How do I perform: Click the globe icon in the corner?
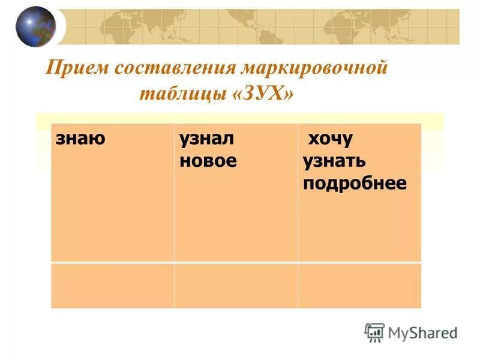point(35,26)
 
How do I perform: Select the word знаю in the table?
point(80,139)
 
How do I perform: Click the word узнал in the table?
point(206,140)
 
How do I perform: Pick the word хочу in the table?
point(330,140)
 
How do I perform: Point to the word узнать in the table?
point(335,161)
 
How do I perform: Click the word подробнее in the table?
point(355,183)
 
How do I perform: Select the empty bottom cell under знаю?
point(112,285)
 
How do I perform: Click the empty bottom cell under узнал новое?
point(236,285)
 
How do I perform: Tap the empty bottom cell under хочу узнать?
point(359,285)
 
